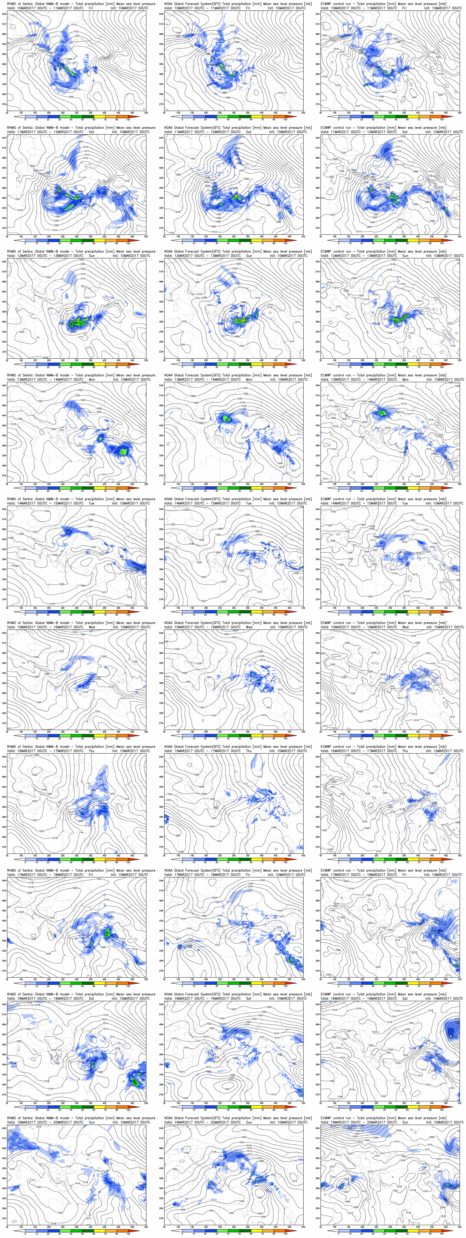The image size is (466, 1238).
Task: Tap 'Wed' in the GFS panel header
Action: (249, 627)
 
